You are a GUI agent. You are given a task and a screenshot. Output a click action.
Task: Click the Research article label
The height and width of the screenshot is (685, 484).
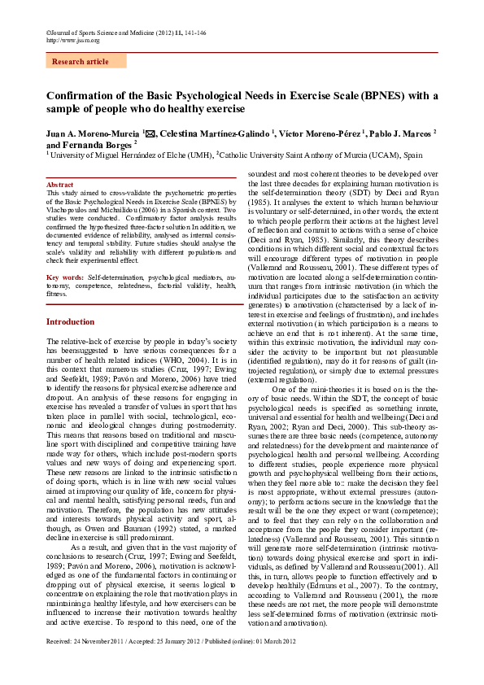click(x=80, y=62)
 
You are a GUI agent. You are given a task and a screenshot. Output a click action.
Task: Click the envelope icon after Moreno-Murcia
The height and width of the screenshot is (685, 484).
click(x=150, y=132)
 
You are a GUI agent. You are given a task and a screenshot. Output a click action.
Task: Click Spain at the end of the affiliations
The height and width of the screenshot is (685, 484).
click(x=413, y=154)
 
